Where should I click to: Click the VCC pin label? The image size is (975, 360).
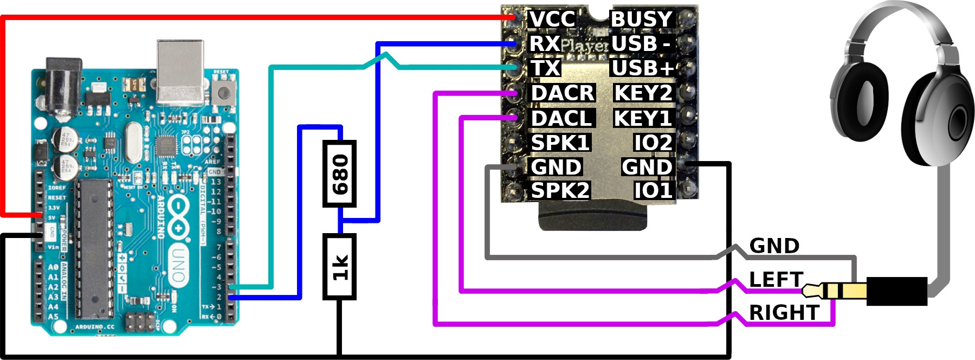coord(552,19)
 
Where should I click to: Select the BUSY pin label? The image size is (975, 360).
coord(642,19)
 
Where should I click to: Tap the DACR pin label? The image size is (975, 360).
coord(563,93)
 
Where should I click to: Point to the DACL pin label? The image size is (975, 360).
coord(561,118)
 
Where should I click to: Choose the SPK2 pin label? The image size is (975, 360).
coord(560,191)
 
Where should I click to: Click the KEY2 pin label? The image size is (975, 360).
coord(643,93)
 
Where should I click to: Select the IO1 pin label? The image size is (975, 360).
coord(653,191)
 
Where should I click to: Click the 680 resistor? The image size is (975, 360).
coord(340,174)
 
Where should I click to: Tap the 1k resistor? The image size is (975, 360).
coord(340,267)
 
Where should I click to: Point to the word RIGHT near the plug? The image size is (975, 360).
coord(784,313)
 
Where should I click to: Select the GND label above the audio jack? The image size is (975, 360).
coord(774,246)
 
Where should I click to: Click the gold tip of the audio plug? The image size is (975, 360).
coord(810,291)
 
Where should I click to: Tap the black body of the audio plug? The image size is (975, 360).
coord(896,291)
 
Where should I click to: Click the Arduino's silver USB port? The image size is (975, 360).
coord(180,70)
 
